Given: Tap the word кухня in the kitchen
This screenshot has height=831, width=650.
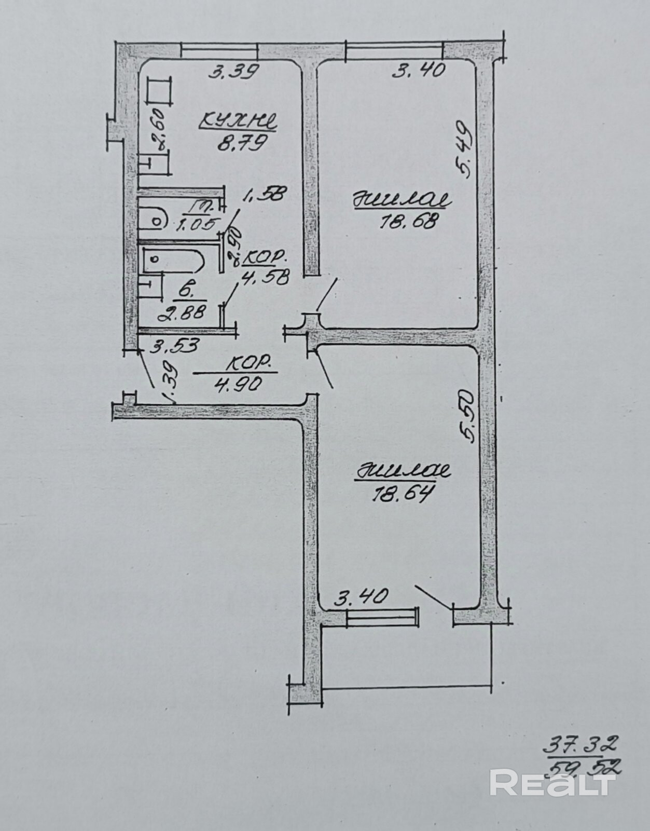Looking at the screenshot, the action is [238, 122].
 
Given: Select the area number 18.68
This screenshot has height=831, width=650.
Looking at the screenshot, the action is [410, 222].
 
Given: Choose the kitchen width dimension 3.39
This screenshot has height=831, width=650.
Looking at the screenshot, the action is [233, 71].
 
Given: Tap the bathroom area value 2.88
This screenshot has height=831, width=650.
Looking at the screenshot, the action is [183, 312].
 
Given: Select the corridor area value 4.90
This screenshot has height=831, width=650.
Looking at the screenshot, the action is [236, 384].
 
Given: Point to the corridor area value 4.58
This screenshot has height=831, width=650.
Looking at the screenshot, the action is [263, 277].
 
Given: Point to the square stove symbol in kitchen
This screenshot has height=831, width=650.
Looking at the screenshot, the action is [158, 92].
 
